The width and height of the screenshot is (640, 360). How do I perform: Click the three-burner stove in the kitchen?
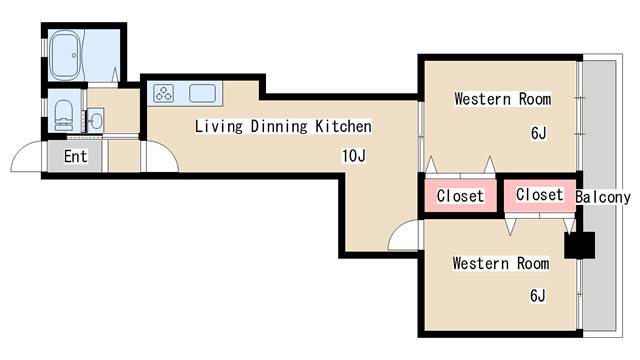pos(164,94)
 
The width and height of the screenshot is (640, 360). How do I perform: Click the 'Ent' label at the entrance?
pos(75,157)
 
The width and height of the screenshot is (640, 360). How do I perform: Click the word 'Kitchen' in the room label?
pos(343,127)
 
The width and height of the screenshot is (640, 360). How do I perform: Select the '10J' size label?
pos(352,156)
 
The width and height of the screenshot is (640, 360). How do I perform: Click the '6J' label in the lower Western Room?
pos(538,295)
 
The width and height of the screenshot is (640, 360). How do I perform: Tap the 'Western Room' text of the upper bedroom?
pos(502,99)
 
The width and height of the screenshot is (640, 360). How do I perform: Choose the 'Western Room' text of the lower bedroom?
pos(500,264)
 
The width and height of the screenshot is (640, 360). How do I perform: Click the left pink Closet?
pos(460,196)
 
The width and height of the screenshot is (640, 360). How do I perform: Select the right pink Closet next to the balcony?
pos(539,195)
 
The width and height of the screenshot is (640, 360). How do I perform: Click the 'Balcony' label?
pos(605,197)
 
